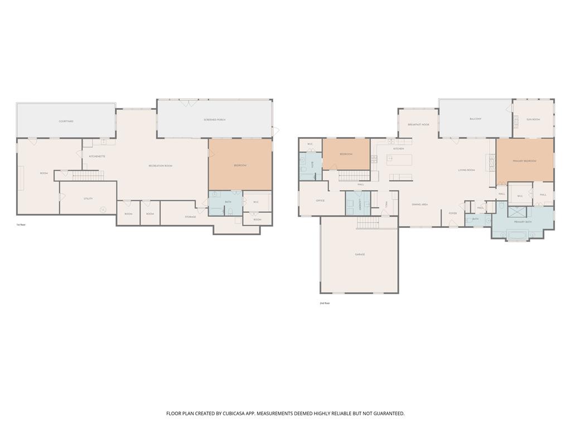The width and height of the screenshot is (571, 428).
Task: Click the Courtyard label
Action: tap(66, 121)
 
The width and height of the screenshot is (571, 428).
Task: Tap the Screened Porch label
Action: tap(214, 120)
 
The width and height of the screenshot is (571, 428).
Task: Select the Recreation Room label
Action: tap(160, 166)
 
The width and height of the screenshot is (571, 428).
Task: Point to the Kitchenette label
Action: tap(97, 157)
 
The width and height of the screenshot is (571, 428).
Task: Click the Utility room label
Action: tap(88, 198)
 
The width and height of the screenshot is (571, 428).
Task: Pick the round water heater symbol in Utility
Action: tap(103, 210)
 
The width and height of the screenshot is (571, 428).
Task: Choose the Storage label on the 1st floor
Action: tap(190, 216)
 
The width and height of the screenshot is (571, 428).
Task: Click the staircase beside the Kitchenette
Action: tap(85, 176)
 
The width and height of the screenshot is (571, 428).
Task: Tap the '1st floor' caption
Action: tap(21, 225)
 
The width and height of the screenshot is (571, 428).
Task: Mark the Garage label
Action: tap(360, 254)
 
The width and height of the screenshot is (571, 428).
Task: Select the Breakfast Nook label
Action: tap(418, 125)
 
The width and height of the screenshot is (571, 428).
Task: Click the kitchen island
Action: tap(400, 160)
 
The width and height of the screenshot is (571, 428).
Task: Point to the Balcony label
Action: tap(475, 119)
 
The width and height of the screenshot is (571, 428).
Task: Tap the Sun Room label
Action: tap(533, 119)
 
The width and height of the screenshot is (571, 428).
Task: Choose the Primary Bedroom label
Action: tap(524, 160)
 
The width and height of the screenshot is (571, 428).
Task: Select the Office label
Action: tap(320, 201)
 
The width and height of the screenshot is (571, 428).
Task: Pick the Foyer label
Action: tap(453, 213)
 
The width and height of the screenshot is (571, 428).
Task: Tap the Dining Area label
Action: tap(420, 205)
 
